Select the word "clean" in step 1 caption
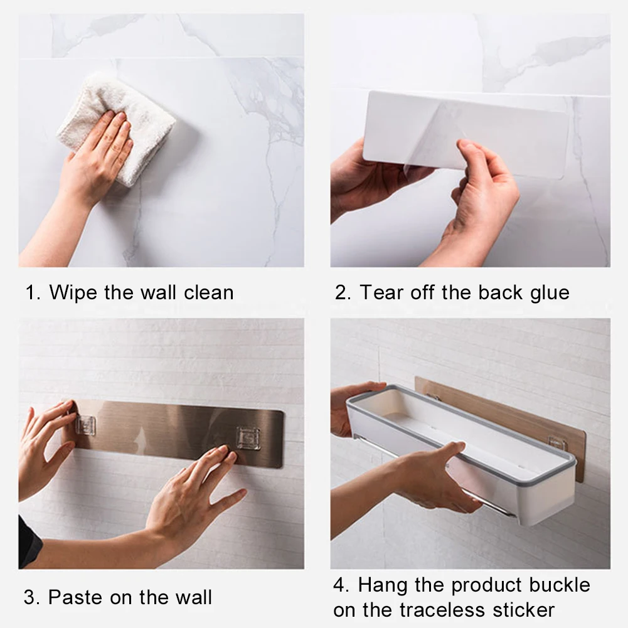(x=208, y=292)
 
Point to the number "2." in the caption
(x=343, y=292)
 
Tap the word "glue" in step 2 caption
(x=550, y=293)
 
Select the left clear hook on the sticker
(x=86, y=425)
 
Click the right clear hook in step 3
(x=248, y=437)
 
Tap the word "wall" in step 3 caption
(x=191, y=597)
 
